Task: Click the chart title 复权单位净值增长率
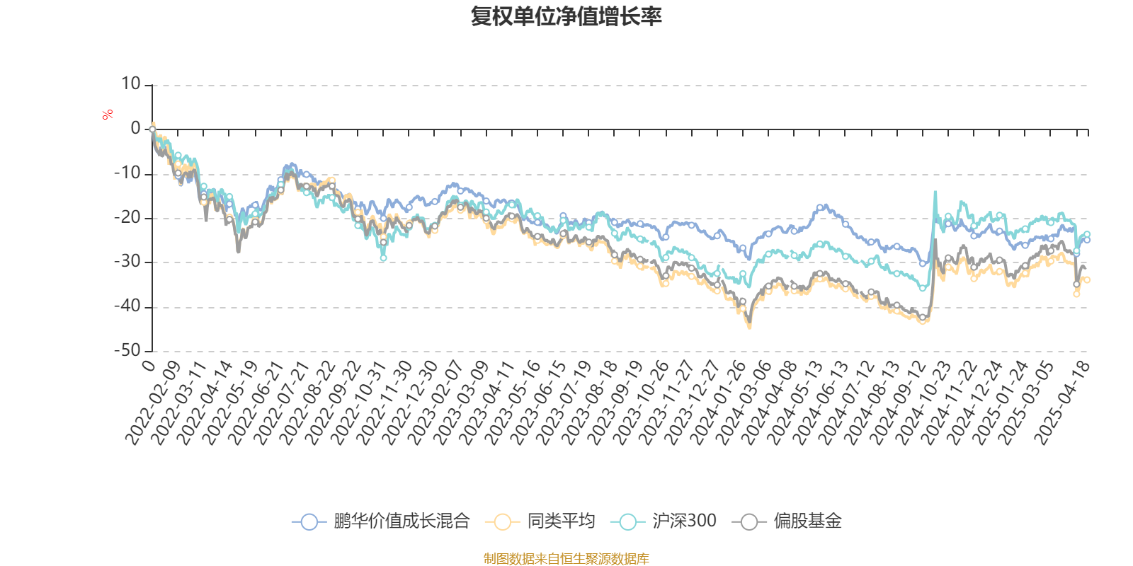click(566, 16)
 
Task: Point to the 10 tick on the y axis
click(131, 84)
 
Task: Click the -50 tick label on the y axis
click(127, 350)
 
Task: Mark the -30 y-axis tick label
click(127, 262)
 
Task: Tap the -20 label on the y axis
click(127, 217)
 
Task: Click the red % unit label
click(108, 115)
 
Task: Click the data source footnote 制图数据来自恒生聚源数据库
click(566, 559)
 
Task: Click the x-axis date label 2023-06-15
click(540, 401)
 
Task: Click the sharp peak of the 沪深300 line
click(935, 192)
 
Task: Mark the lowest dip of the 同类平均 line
click(750, 328)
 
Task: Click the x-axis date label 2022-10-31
click(360, 401)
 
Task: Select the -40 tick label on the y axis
click(127, 306)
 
